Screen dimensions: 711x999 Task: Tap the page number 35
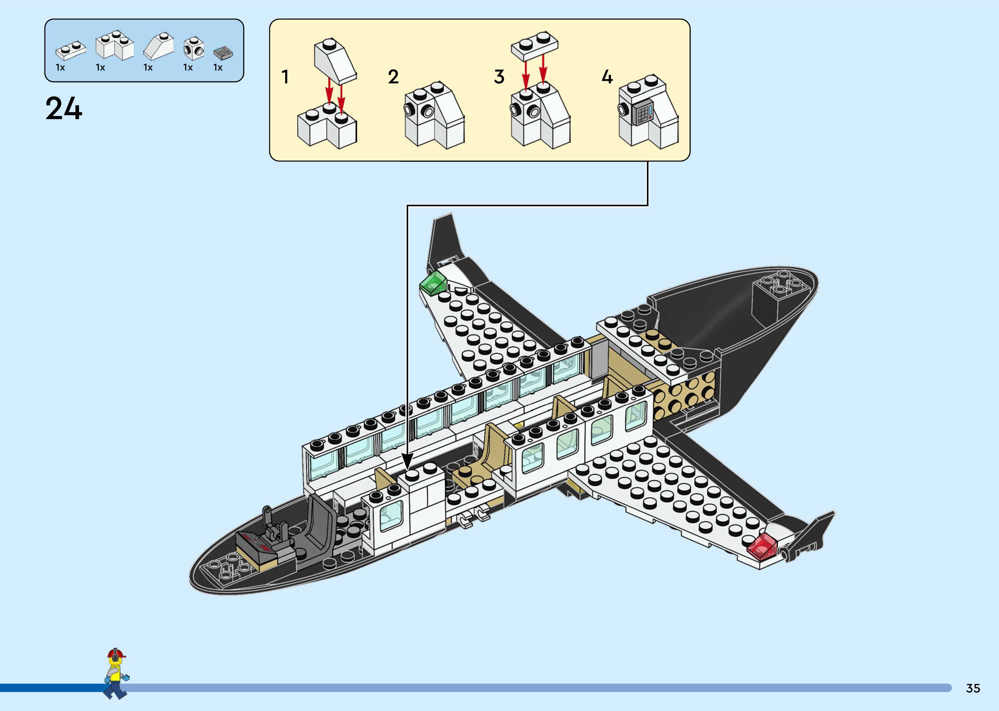[973, 688]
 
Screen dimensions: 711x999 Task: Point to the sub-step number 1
[285, 77]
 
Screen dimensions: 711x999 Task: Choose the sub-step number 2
[393, 77]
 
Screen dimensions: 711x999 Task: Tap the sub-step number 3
[499, 77]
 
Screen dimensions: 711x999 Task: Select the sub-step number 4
[607, 77]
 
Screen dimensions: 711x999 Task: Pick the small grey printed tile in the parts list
[223, 53]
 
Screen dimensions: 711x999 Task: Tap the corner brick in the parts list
[115, 45]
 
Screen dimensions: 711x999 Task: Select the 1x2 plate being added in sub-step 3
[534, 45]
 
